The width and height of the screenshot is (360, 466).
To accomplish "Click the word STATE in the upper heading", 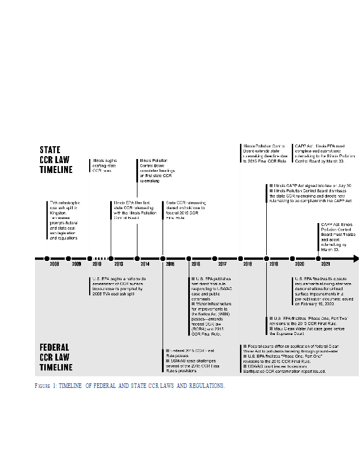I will coord(50,150).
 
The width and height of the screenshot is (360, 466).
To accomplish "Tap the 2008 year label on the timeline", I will coord(54,264).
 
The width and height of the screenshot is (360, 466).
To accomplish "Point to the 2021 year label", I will coord(318,264).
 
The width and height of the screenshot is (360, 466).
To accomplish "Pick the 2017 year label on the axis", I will coord(222,264).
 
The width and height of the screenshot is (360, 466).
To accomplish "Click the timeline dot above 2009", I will coord(68,257).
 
